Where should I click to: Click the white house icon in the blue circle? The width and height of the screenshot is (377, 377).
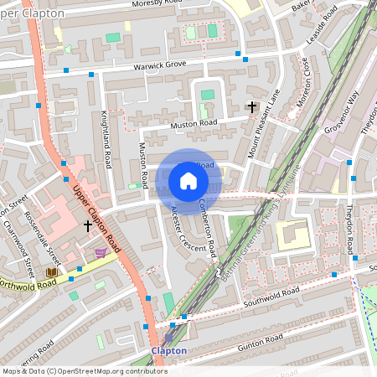[x=188, y=181]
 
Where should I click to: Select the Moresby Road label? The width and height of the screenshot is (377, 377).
[x=157, y=4]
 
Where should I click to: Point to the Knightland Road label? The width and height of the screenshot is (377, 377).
[x=106, y=138]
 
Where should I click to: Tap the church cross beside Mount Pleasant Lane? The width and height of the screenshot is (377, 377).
[x=250, y=106]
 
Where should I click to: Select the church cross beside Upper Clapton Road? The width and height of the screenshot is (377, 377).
[x=87, y=225]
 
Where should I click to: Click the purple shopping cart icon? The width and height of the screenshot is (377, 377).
[x=101, y=253]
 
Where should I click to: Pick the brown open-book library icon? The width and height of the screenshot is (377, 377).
[x=52, y=272]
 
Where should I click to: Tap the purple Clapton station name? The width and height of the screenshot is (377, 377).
[x=168, y=350]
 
